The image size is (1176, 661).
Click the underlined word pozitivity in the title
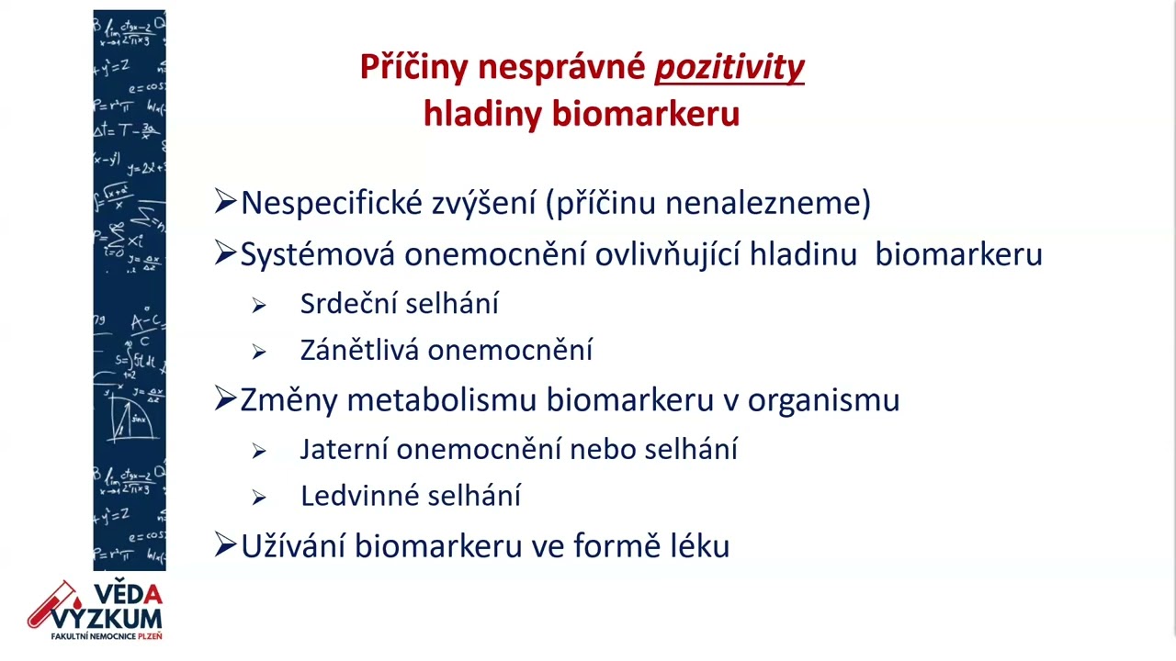(x=729, y=68)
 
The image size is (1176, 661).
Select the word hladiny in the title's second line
(x=482, y=115)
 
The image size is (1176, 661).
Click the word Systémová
(x=318, y=254)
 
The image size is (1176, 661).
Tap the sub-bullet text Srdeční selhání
(x=399, y=304)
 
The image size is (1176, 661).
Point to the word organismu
(x=823, y=400)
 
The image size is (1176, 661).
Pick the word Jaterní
(x=344, y=450)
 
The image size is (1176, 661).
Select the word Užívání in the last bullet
(x=293, y=546)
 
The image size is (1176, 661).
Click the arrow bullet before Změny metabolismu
(x=225, y=399)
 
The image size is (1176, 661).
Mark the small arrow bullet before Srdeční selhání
(x=259, y=306)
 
